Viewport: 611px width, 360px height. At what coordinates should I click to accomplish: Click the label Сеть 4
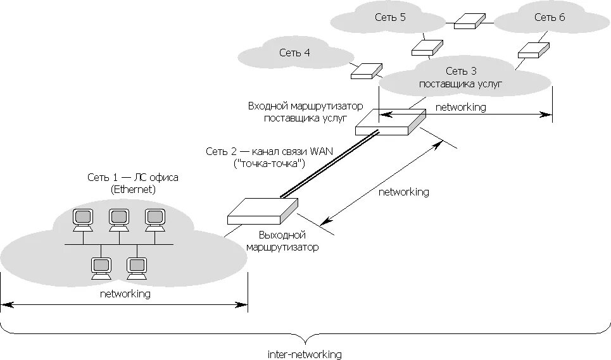(x=294, y=53)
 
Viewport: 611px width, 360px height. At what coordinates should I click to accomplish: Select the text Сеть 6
(x=549, y=17)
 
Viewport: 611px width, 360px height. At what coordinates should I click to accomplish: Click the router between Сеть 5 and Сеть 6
(x=469, y=22)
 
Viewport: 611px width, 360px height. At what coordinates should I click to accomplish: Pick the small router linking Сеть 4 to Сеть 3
(x=367, y=71)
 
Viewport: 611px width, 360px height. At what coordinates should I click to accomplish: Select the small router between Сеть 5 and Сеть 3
(x=425, y=47)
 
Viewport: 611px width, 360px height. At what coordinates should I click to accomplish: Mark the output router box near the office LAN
(x=262, y=211)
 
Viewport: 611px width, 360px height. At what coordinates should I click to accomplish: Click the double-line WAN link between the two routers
(x=329, y=163)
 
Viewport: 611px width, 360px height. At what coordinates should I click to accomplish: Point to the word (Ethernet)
(x=133, y=189)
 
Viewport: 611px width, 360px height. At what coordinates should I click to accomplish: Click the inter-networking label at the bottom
(x=305, y=354)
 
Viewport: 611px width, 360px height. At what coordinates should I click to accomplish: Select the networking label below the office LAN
(x=125, y=294)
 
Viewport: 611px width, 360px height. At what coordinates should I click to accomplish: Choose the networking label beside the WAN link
(x=403, y=192)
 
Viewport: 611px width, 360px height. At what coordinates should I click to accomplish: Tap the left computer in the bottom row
(x=101, y=268)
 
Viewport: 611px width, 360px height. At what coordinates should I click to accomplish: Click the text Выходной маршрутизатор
(x=282, y=241)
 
